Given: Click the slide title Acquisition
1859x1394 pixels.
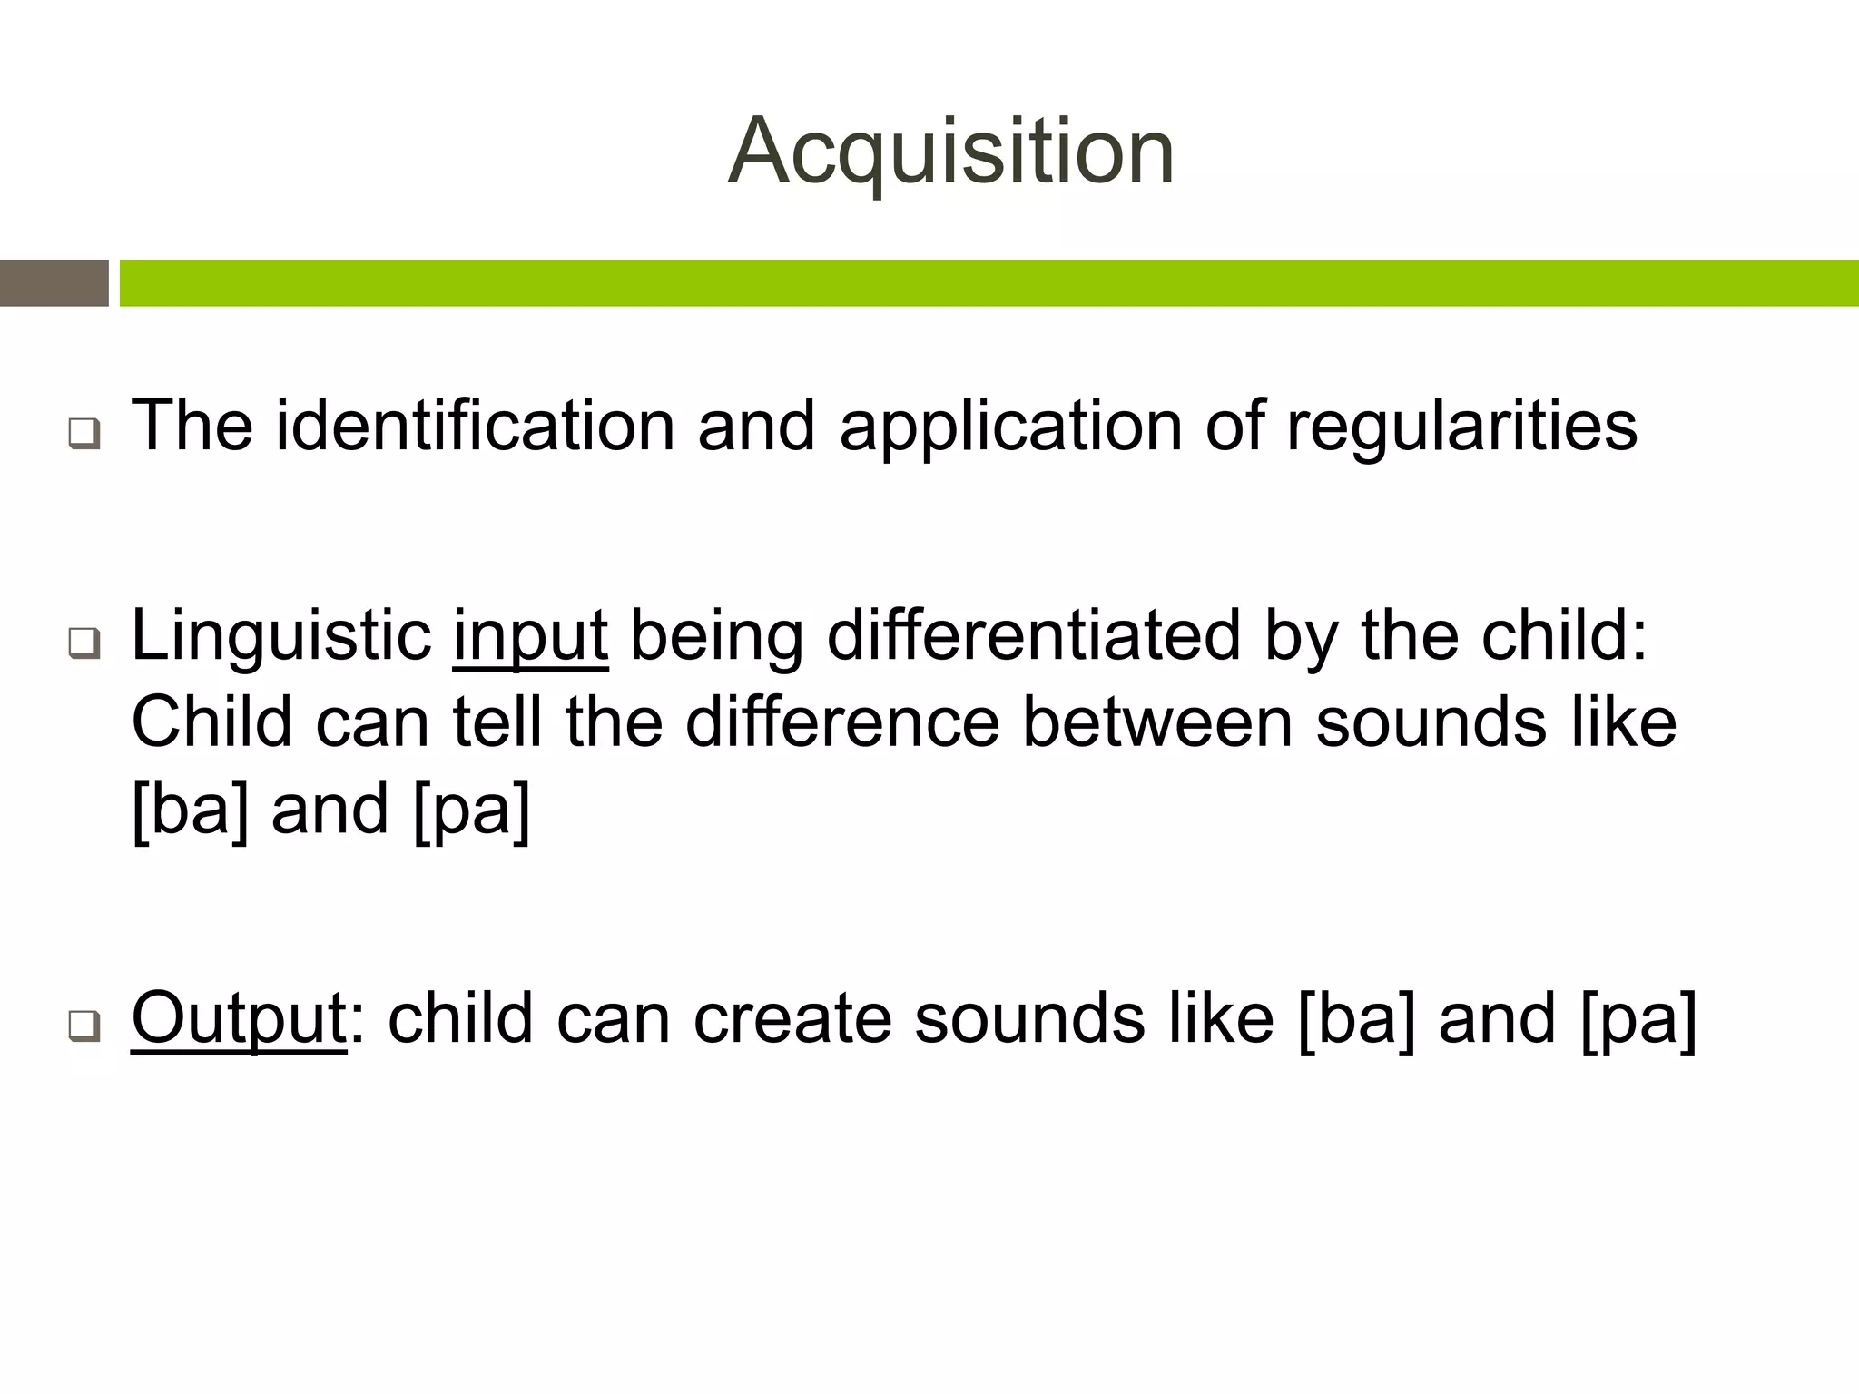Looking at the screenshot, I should pyautogui.click(x=951, y=152).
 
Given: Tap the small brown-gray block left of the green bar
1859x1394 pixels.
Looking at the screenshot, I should pyautogui.click(x=54, y=283).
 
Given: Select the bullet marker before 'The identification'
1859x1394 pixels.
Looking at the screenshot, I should pyautogui.click(x=84, y=434).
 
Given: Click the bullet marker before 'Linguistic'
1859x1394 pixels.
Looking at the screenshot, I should pyautogui.click(x=84, y=643).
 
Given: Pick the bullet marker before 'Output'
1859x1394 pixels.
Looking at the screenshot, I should pyautogui.click(x=84, y=1026).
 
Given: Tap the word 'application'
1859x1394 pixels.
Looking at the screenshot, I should pyautogui.click(x=1010, y=427).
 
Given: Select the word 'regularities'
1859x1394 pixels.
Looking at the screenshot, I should pyautogui.click(x=1461, y=427).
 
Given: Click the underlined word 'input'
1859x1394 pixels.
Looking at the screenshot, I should pyautogui.click(x=530, y=637).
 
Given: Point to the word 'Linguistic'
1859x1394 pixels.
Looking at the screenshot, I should pyautogui.click(x=281, y=637).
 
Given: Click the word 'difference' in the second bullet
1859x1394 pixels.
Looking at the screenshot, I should pyautogui.click(x=841, y=722).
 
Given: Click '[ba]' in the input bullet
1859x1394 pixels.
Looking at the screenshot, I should pyautogui.click(x=190, y=810).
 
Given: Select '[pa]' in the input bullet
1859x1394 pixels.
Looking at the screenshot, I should pyautogui.click(x=471, y=810).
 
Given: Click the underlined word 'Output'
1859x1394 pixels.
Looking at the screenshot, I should pyautogui.click(x=239, y=1018).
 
